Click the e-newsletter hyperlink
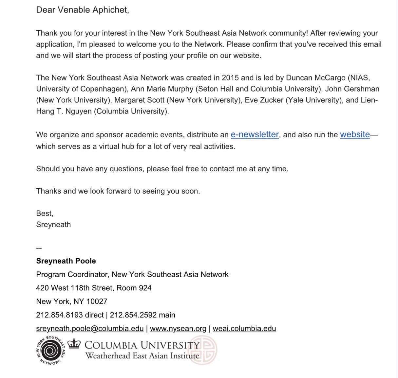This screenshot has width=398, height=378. point(255,134)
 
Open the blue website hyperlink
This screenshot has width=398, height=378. point(355,134)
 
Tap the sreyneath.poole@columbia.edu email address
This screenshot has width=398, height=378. point(90,328)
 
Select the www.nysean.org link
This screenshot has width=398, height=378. point(178,328)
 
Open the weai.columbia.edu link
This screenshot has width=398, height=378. point(244,328)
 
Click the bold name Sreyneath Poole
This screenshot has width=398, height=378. point(66,261)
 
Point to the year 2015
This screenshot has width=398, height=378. point(230,78)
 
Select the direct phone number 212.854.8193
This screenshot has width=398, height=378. point(59,315)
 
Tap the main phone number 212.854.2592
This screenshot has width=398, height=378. point(133,315)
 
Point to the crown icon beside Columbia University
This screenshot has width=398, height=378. point(74,344)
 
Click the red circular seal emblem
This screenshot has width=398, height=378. point(204,350)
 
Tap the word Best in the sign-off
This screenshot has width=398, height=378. point(44,214)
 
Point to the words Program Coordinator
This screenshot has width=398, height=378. point(72,274)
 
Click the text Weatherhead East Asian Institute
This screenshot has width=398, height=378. point(142,355)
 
